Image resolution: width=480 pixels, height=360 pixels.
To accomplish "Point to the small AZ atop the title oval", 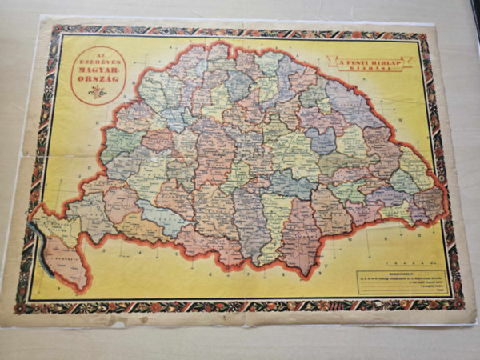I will [x=98, y=52].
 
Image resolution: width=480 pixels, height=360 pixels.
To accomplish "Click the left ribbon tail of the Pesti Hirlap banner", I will [x=332, y=64].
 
